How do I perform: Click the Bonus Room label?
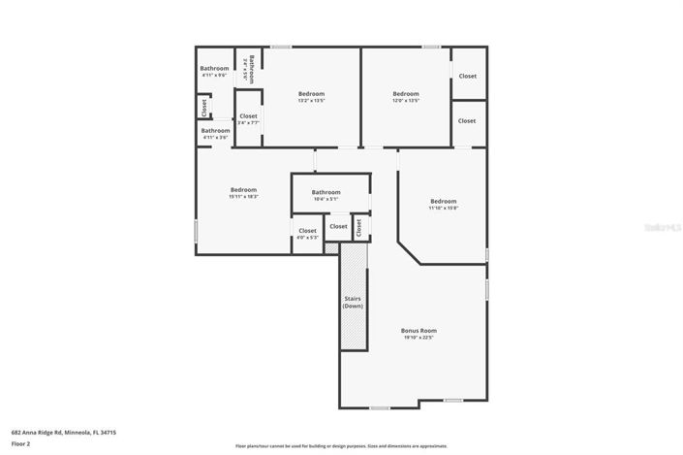(x=419, y=331)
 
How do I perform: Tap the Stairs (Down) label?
(x=353, y=302)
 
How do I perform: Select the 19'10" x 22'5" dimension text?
(x=419, y=339)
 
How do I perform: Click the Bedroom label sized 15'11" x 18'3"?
(x=243, y=189)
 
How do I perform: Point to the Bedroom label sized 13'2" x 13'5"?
(x=311, y=93)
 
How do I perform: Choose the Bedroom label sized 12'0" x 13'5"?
(x=405, y=93)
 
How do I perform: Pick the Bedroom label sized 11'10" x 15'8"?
(x=443, y=201)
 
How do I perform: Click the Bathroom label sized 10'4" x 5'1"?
(x=326, y=192)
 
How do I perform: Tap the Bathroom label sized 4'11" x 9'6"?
(x=214, y=68)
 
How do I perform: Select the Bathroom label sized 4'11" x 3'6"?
(x=215, y=130)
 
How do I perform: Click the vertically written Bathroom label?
(x=250, y=68)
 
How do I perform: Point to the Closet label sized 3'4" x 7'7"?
(x=248, y=116)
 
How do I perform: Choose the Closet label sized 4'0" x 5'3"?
(x=306, y=231)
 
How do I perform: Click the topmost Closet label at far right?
(x=467, y=76)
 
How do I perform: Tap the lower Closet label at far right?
(x=467, y=120)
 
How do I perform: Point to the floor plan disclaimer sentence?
(x=341, y=446)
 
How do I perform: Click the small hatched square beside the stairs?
(x=331, y=248)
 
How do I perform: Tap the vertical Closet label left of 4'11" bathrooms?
(x=203, y=105)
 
